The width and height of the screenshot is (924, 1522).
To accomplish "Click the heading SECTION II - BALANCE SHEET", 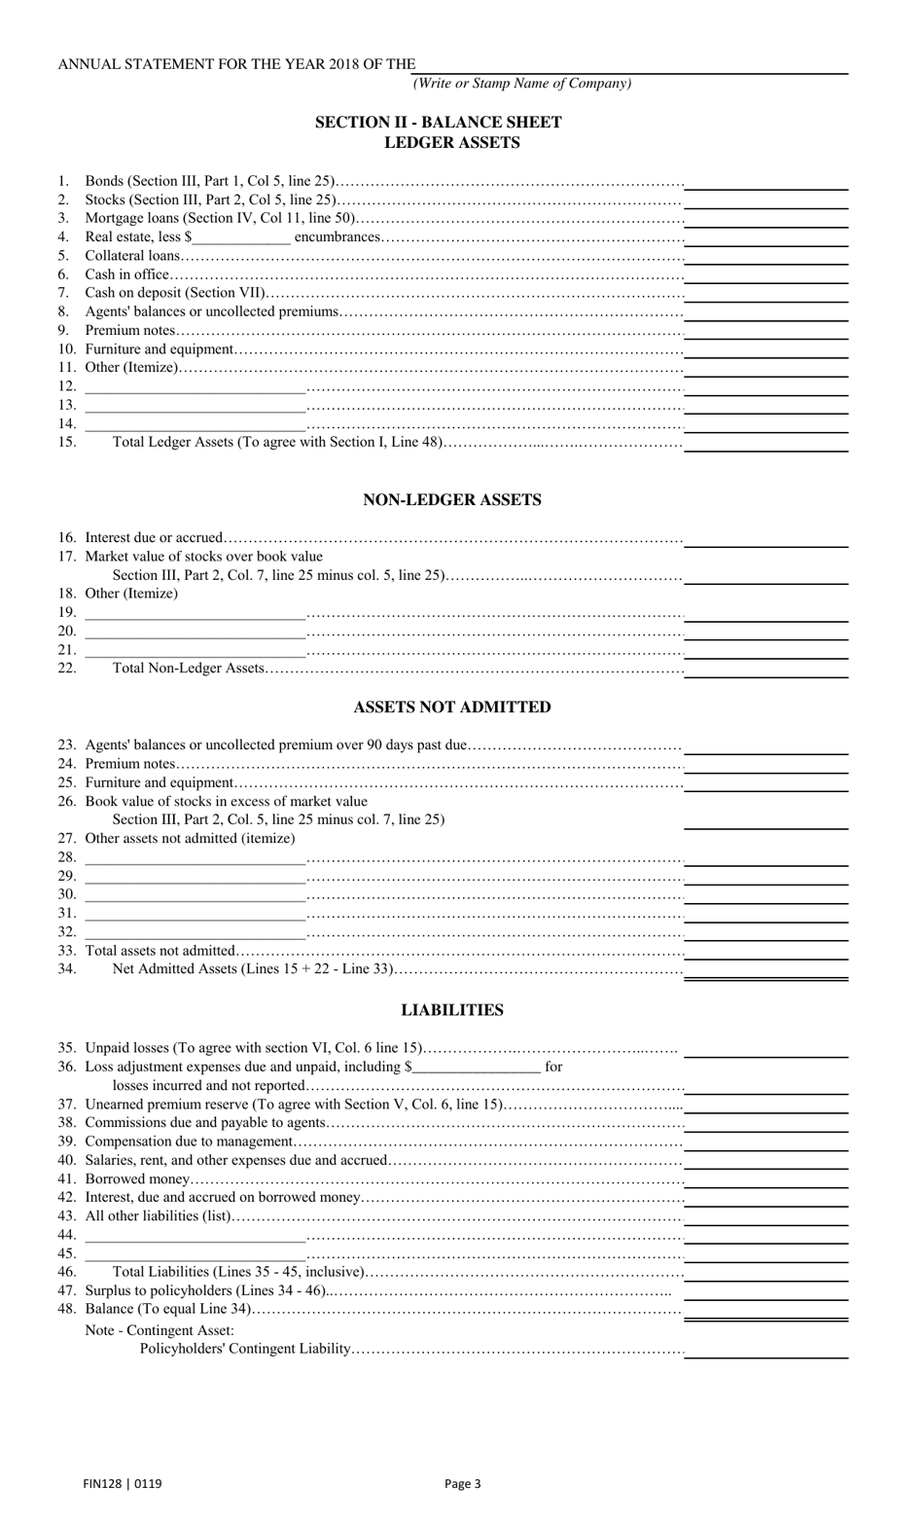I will tap(438, 123).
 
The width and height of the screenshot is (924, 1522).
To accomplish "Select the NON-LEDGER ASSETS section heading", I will tap(452, 500).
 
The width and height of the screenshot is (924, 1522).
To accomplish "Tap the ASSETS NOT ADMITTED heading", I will tap(452, 707).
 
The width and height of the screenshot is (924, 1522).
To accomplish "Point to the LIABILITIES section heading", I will tap(452, 1010).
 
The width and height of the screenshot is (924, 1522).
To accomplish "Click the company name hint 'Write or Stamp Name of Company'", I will tap(522, 84).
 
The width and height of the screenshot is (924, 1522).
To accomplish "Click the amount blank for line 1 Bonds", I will tap(765, 182).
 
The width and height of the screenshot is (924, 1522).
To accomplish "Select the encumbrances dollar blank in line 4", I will tap(241, 237).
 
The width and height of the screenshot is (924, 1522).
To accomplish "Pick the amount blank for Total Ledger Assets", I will tap(765, 443).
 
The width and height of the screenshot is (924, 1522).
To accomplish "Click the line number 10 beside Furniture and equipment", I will tap(66, 349).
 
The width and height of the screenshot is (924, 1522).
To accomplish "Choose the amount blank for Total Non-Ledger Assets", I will tap(765, 670).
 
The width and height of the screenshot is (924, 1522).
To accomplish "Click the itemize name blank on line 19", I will tap(195, 613).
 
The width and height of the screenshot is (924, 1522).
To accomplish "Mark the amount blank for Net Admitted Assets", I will tap(765, 970).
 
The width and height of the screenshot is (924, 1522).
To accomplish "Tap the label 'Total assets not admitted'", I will tap(160, 951).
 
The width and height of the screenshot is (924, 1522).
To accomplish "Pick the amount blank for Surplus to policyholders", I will tap(765, 1292).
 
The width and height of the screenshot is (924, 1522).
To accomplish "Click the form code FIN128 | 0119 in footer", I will tap(123, 1484).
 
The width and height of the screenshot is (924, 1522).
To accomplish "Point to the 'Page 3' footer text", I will tap(462, 1484).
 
